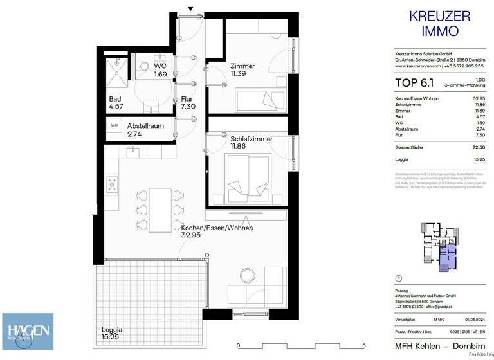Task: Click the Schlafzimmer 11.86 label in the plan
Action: click(x=251, y=143)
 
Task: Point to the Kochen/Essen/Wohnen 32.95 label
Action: click(x=216, y=231)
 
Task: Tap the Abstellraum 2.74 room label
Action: click(x=143, y=130)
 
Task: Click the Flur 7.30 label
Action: click(x=187, y=103)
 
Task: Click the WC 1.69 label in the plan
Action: click(x=160, y=70)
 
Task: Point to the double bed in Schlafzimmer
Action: click(x=248, y=179)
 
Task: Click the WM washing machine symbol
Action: click(x=114, y=125)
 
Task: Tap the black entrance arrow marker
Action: click(x=190, y=9)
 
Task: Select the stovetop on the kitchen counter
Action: click(x=112, y=185)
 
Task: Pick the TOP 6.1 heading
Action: click(x=410, y=82)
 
